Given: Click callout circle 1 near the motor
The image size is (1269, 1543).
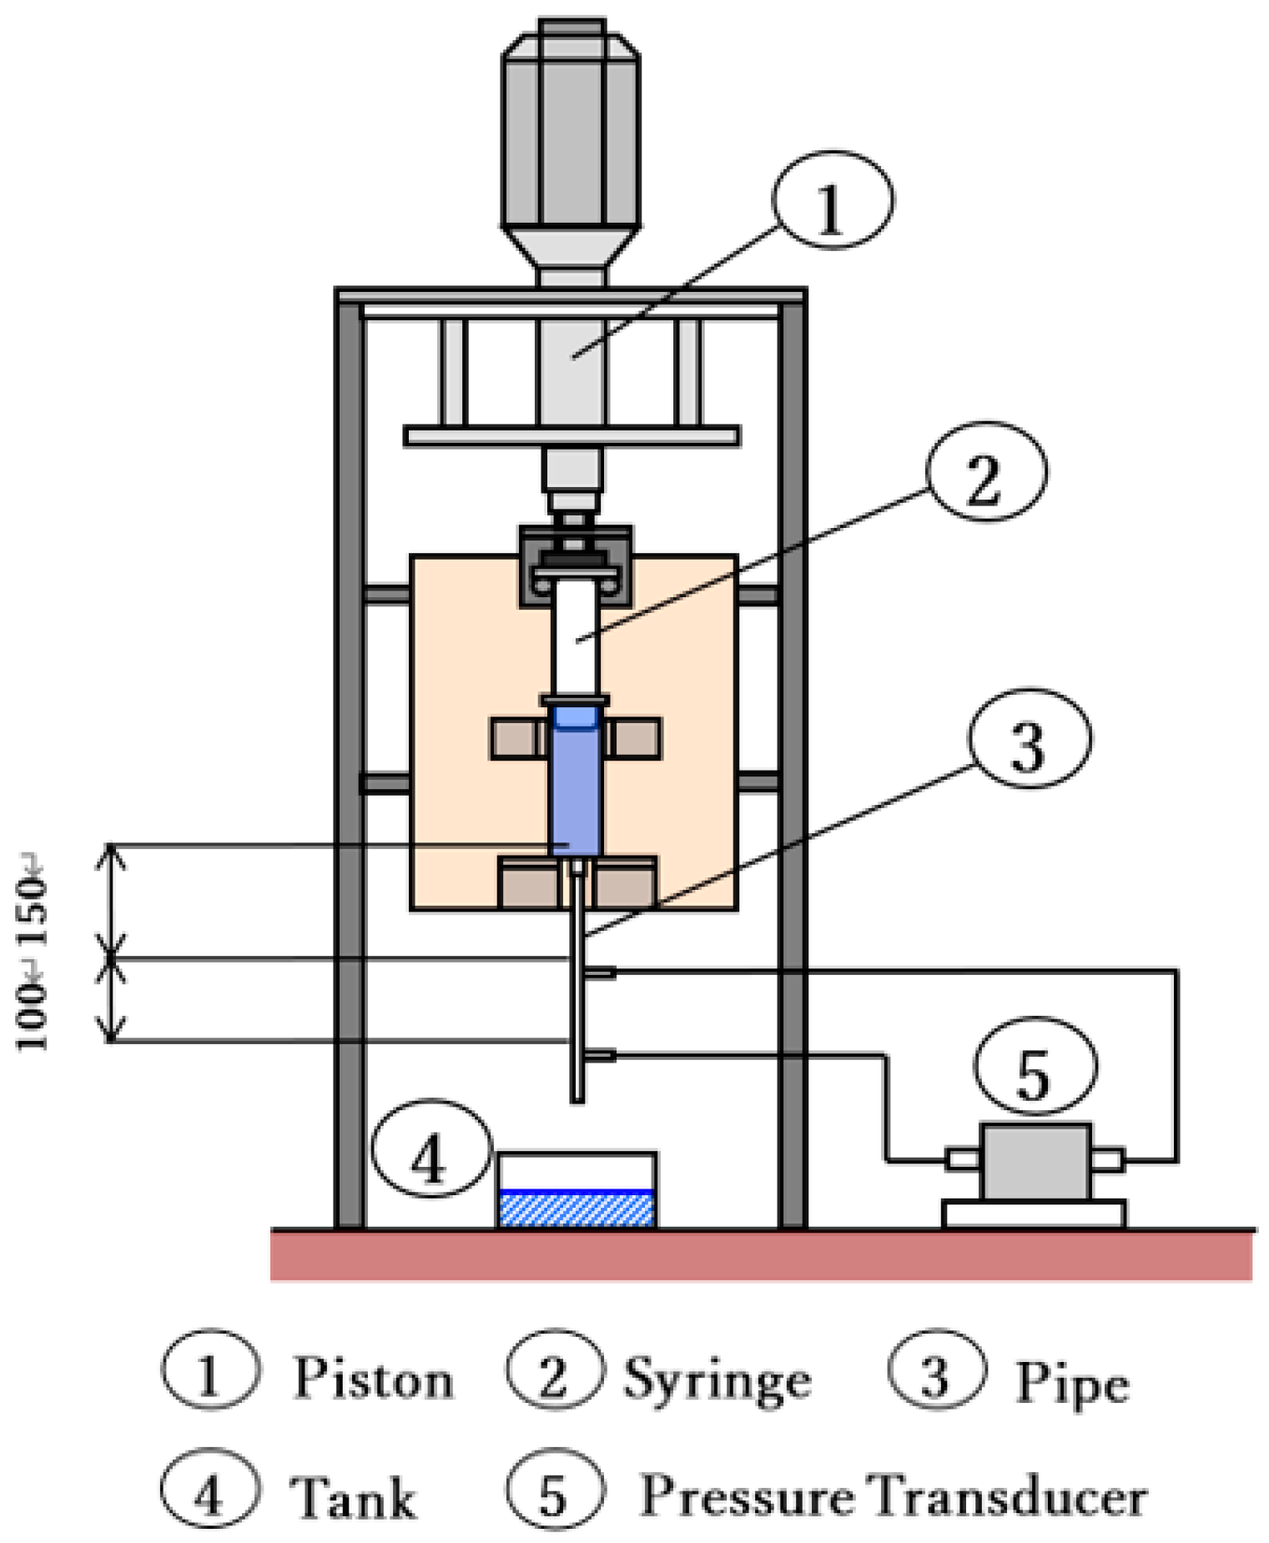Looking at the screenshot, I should (x=832, y=200).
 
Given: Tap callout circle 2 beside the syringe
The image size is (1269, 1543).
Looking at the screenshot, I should (x=985, y=473).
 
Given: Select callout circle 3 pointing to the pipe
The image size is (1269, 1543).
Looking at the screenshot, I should (x=1029, y=739).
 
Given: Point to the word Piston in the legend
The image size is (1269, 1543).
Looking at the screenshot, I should (x=373, y=1379).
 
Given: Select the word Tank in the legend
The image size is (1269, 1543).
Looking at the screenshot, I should (x=352, y=1498).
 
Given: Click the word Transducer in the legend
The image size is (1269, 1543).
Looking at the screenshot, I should (x=1009, y=1496).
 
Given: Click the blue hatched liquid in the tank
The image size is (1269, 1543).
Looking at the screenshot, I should (x=577, y=1209).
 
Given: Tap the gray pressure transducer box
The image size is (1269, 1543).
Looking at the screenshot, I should (x=1035, y=1162).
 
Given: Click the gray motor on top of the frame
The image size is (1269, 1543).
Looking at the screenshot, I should (x=572, y=133).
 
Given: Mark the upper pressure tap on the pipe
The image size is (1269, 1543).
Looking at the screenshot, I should (x=600, y=973).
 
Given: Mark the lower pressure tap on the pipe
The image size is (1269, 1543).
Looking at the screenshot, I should (x=600, y=1056).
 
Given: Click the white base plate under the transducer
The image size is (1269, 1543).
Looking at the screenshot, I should (x=1034, y=1214).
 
